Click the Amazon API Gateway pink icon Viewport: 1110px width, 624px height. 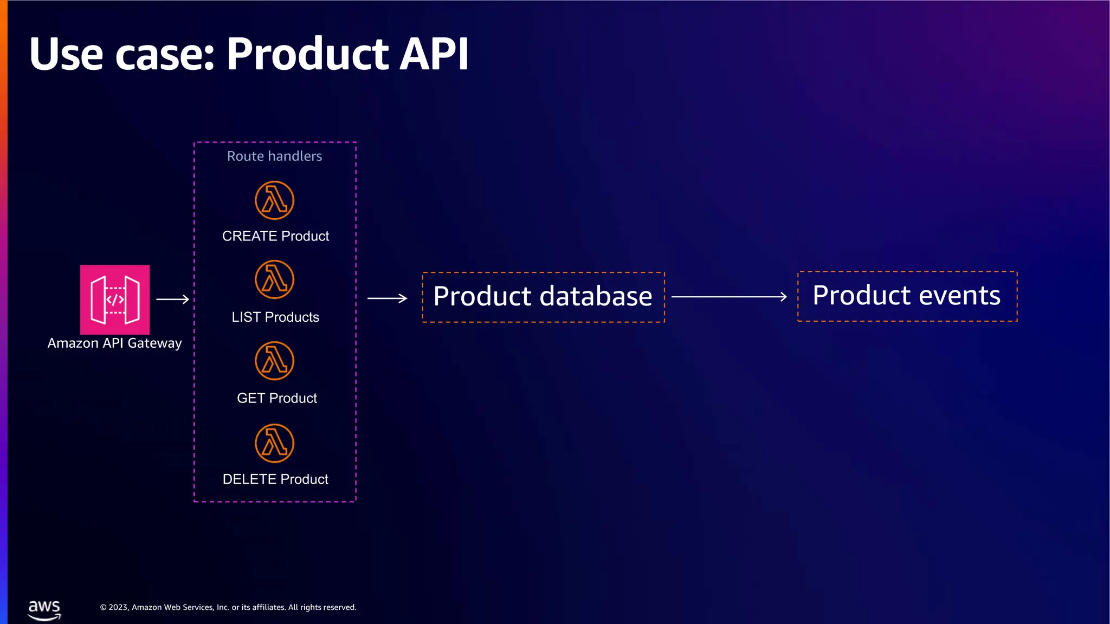click(115, 299)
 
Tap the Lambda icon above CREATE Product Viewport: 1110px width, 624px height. click(275, 200)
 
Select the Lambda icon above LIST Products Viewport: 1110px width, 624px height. click(275, 279)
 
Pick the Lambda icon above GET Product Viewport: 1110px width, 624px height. click(275, 361)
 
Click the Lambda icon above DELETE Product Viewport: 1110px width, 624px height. click(275, 443)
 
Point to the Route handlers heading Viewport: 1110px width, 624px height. click(274, 156)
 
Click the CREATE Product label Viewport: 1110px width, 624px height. click(275, 236)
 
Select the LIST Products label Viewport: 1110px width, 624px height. click(275, 317)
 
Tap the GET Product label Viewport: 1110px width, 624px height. click(277, 398)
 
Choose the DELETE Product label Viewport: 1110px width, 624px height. click(275, 479)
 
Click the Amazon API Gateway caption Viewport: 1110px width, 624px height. click(114, 343)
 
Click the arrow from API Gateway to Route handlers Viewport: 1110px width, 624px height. click(172, 299)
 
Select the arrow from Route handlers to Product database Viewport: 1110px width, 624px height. click(387, 298)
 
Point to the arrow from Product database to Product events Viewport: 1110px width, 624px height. click(729, 297)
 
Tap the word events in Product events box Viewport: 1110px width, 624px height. click(959, 296)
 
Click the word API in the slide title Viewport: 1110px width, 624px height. click(434, 54)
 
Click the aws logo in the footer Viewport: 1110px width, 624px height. click(44, 609)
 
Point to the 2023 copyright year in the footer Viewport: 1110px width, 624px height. click(118, 607)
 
